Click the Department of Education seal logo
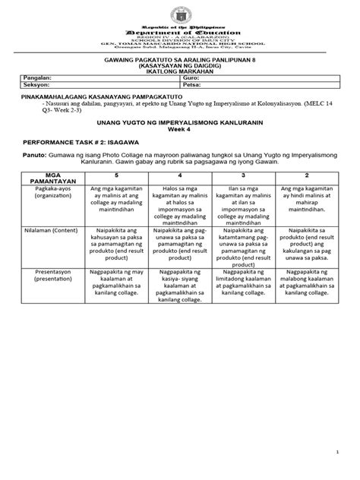pyautogui.click(x=181, y=13)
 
